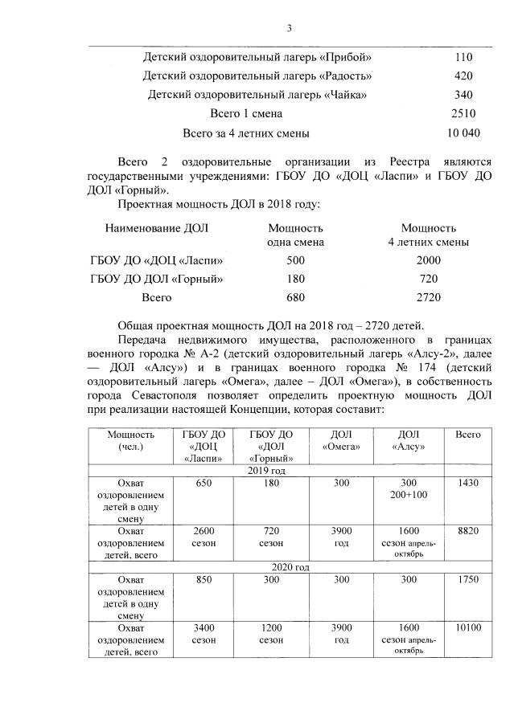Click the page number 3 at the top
coord(289,29)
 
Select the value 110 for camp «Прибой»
coord(463,57)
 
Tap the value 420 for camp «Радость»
coord(463,76)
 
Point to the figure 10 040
coord(463,133)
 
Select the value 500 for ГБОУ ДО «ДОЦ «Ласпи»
coord(295,260)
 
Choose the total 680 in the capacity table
coord(295,297)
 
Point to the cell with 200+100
coord(411,493)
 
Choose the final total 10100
coord(468,627)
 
